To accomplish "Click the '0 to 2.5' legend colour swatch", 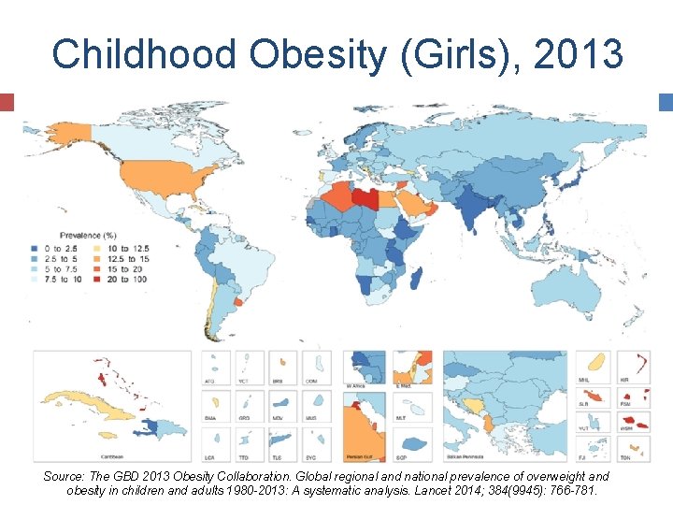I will (x=35, y=248).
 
